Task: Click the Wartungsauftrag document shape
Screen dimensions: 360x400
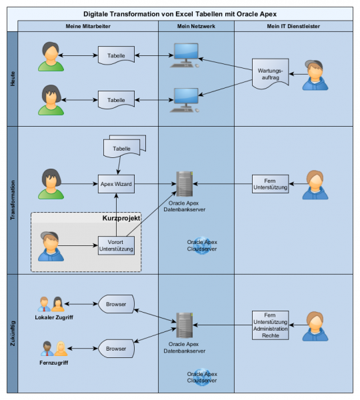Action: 270,74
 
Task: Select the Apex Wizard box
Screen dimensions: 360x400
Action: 116,184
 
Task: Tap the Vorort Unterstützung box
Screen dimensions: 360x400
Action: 116,245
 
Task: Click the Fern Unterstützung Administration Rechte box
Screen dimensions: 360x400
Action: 270,325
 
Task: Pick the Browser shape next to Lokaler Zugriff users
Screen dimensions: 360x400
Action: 116,304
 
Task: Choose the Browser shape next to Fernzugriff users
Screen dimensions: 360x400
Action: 116,349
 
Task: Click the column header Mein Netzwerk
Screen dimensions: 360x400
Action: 196,26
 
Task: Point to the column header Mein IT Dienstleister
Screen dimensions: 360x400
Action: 293,26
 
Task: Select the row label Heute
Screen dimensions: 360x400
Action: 13,79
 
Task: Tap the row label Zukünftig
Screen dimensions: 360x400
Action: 13,333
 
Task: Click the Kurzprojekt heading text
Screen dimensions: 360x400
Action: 121,218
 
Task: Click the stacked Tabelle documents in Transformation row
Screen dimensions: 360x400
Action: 125,146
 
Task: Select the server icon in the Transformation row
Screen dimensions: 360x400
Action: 185,184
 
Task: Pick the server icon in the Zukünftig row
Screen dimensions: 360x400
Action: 185,325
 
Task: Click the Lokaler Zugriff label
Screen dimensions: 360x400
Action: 54,317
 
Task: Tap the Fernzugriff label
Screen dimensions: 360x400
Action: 54,363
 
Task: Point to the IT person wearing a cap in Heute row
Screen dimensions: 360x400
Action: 315,75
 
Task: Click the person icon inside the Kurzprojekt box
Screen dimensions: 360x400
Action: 51,246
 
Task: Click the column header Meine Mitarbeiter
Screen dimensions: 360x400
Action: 88,26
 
